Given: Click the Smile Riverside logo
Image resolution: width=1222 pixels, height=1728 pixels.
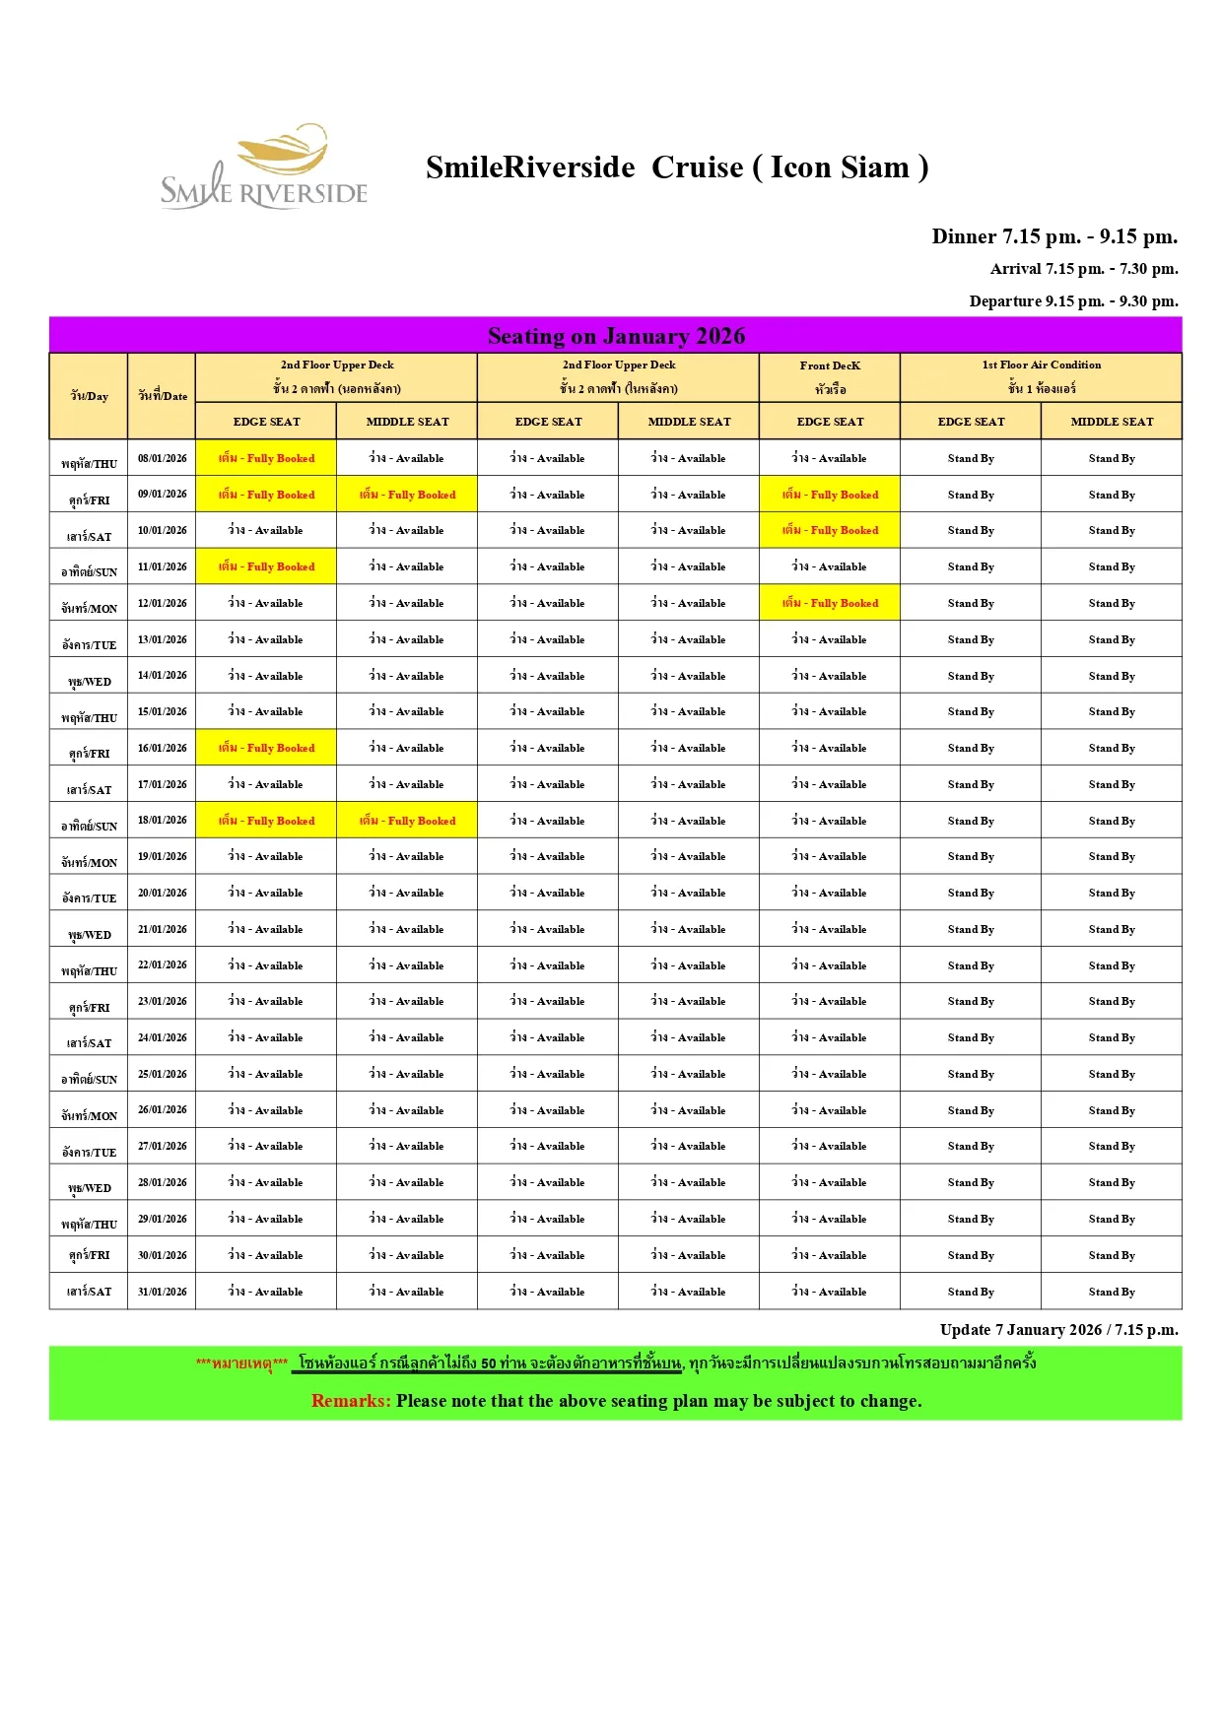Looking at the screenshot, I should tap(264, 167).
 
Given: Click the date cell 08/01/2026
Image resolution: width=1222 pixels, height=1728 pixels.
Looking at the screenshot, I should tap(163, 458).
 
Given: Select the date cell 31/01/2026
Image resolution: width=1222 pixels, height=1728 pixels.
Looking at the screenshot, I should tap(163, 1292).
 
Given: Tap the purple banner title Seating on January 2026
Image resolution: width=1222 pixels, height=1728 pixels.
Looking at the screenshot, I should tap(616, 336).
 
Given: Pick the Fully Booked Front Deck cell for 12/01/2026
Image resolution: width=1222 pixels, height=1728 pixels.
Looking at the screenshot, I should tap(830, 603).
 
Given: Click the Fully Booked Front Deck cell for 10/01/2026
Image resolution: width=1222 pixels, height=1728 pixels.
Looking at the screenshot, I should tap(830, 530).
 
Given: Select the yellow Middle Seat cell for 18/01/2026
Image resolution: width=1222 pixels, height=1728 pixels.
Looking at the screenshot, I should tap(407, 821).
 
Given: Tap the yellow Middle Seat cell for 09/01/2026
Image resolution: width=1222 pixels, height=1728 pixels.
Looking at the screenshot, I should tap(407, 495).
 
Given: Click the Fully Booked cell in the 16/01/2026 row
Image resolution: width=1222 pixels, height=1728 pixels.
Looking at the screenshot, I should tap(266, 748).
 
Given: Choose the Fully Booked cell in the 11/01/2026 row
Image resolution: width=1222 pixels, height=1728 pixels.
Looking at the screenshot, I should tap(266, 566).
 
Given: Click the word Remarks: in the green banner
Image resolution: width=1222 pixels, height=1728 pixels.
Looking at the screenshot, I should tap(351, 1401).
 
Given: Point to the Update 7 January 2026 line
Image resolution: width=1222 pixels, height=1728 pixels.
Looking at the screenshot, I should tap(1058, 1330).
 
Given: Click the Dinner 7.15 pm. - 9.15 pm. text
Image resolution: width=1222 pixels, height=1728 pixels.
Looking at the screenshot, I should tap(1054, 236).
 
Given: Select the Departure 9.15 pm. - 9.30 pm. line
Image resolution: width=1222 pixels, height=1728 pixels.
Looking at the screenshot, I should tap(1073, 301).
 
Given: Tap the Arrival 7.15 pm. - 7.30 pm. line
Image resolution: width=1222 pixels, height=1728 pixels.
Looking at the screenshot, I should tap(1084, 269).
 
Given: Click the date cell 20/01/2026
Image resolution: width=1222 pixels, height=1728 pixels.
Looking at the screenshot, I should tap(163, 893).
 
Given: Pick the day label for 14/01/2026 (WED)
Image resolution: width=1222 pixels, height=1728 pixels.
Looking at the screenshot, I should tap(90, 681).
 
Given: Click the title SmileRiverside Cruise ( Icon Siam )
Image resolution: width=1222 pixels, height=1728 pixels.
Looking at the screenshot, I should tap(677, 167).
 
